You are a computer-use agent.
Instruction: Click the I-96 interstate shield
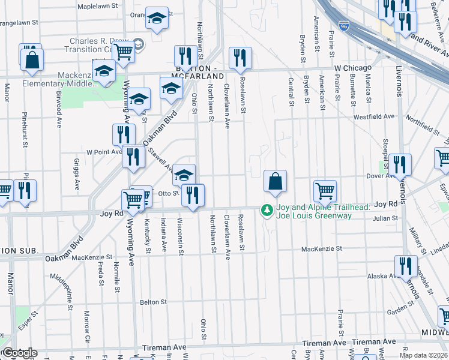[343, 26]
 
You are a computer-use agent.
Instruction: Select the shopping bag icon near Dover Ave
[275, 180]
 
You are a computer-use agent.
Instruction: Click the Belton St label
[152, 302]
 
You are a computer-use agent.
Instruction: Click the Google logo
[19, 353]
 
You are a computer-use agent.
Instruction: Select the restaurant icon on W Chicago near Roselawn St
[240, 58]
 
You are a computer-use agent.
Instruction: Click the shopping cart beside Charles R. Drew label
[123, 51]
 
